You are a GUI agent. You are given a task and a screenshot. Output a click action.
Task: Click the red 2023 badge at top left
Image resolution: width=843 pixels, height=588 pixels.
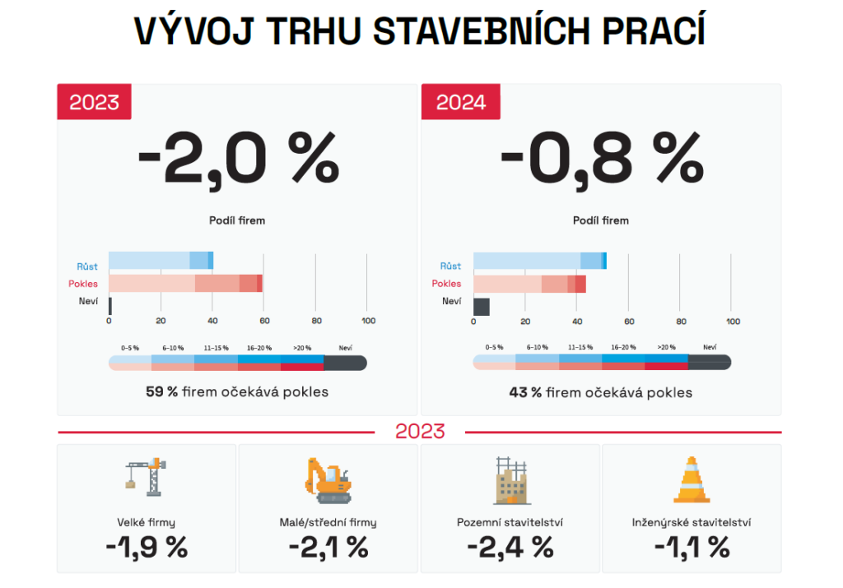94,102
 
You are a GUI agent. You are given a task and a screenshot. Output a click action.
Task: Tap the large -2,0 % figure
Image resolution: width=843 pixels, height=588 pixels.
238,159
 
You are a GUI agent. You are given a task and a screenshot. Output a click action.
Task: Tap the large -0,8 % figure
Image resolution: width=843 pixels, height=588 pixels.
602,159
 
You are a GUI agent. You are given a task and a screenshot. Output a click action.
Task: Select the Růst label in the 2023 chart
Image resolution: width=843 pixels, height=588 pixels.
87,266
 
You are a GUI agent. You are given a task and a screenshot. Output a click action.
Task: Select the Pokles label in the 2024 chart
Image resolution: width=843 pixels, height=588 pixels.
447,284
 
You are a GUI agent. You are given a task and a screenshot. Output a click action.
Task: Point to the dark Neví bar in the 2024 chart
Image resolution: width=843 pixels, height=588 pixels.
482,307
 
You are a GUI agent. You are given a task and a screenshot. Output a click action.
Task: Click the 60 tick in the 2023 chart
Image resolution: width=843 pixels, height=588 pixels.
264,321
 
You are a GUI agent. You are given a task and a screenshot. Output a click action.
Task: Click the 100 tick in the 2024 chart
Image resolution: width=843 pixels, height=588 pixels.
732,321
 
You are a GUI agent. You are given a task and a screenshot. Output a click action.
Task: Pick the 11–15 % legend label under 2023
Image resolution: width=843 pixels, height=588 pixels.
216,348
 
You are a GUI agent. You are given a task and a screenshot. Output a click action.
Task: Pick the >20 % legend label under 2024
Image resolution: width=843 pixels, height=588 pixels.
666,348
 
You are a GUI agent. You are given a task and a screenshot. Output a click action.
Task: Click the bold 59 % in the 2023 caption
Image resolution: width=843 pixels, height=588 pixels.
161,391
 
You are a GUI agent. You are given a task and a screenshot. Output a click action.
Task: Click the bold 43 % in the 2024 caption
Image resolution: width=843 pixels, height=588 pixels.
525,392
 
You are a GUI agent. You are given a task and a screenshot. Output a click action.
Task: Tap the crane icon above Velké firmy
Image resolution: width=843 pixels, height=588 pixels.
147,477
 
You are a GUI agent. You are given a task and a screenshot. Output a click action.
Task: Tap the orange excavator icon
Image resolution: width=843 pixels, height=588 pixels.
328,480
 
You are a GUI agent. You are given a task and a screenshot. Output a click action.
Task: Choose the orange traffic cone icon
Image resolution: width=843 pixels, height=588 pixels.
692,479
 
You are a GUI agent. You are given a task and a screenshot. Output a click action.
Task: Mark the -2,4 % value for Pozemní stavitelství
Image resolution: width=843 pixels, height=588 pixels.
510,546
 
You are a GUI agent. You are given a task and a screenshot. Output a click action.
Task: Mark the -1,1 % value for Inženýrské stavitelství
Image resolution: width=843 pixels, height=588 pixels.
692,546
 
